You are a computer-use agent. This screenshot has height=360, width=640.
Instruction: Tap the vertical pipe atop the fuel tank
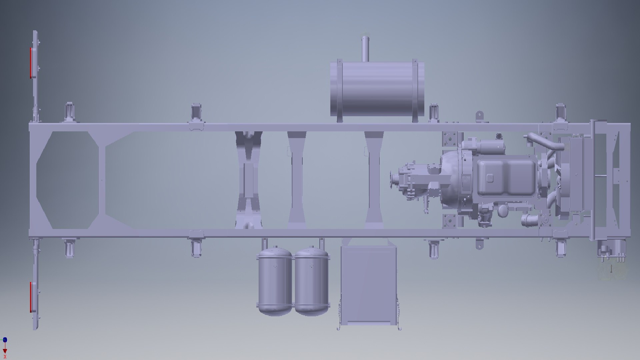tap(365, 49)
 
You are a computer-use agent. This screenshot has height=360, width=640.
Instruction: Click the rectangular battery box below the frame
tap(369, 285)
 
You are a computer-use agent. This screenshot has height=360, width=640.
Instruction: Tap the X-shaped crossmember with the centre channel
tap(248, 180)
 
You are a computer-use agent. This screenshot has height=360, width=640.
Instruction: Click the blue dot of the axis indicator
tap(5, 340)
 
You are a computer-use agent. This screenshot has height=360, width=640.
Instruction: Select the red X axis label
tap(5, 357)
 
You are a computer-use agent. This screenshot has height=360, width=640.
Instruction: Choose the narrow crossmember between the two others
tap(296, 180)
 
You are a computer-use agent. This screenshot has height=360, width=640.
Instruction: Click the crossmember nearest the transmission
tap(374, 180)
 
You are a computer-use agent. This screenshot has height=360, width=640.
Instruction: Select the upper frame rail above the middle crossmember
tap(296, 127)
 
